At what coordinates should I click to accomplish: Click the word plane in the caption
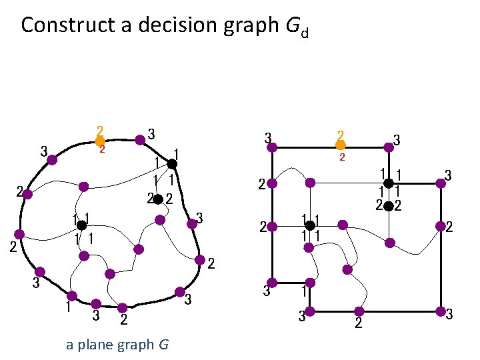(x=99, y=345)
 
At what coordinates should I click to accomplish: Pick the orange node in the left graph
(x=99, y=141)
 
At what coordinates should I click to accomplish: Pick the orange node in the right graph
(x=340, y=145)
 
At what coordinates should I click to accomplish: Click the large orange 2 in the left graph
(x=99, y=131)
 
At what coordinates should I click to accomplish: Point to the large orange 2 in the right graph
(x=340, y=134)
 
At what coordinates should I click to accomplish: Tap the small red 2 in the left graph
(x=102, y=149)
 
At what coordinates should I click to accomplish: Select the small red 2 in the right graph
(x=341, y=158)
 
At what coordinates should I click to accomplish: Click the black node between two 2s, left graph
(x=159, y=199)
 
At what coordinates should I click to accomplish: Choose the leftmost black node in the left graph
(x=81, y=225)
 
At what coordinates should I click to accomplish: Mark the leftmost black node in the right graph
(x=309, y=225)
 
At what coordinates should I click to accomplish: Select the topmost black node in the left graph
(x=171, y=164)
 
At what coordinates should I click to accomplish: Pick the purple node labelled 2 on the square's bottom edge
(x=359, y=311)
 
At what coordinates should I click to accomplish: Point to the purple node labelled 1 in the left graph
(x=71, y=295)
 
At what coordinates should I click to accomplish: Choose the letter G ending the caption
(x=163, y=345)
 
